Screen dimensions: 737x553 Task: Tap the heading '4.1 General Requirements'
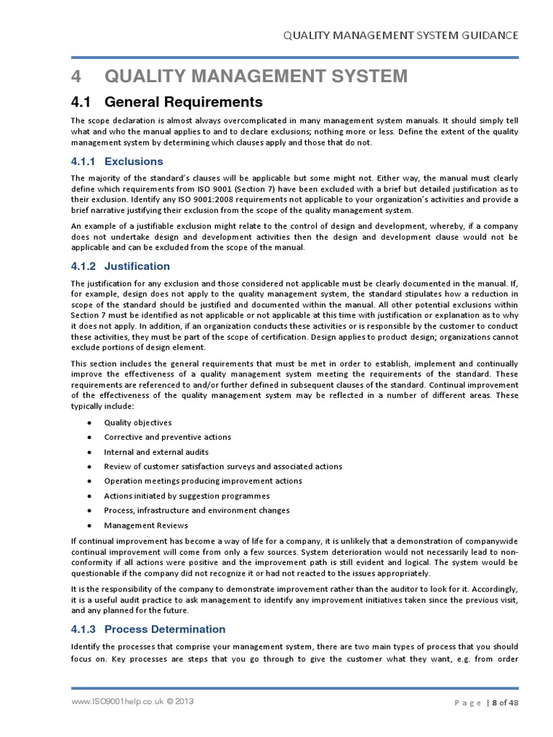click(x=166, y=101)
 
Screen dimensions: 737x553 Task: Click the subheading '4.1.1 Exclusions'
click(x=117, y=161)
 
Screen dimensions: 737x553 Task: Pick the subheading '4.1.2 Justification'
click(x=120, y=266)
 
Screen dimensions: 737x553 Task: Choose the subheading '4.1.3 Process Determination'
click(x=148, y=629)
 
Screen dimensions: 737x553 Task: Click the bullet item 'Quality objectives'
click(x=138, y=422)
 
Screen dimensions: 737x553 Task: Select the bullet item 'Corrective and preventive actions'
click(x=167, y=437)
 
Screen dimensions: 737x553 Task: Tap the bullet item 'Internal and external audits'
click(x=156, y=452)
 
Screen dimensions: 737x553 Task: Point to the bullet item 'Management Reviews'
click(x=145, y=525)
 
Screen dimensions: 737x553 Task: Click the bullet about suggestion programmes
click(x=186, y=496)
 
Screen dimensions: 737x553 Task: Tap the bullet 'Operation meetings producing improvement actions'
click(x=202, y=481)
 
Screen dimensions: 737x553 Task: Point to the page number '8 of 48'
click(x=505, y=703)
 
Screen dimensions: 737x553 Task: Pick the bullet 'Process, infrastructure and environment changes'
click(x=197, y=510)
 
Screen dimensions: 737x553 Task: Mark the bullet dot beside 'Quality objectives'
click(x=88, y=423)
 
